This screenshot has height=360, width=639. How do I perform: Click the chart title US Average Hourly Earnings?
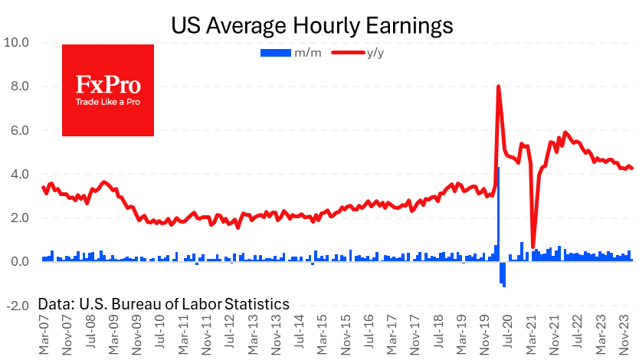click(312, 25)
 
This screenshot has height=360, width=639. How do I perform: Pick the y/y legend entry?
click(359, 52)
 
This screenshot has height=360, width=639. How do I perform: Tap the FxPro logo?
click(107, 90)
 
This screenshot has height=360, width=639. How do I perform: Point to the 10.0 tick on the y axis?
click(17, 43)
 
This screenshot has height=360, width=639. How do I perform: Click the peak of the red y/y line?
click(499, 87)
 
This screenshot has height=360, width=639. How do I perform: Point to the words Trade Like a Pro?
click(107, 101)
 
